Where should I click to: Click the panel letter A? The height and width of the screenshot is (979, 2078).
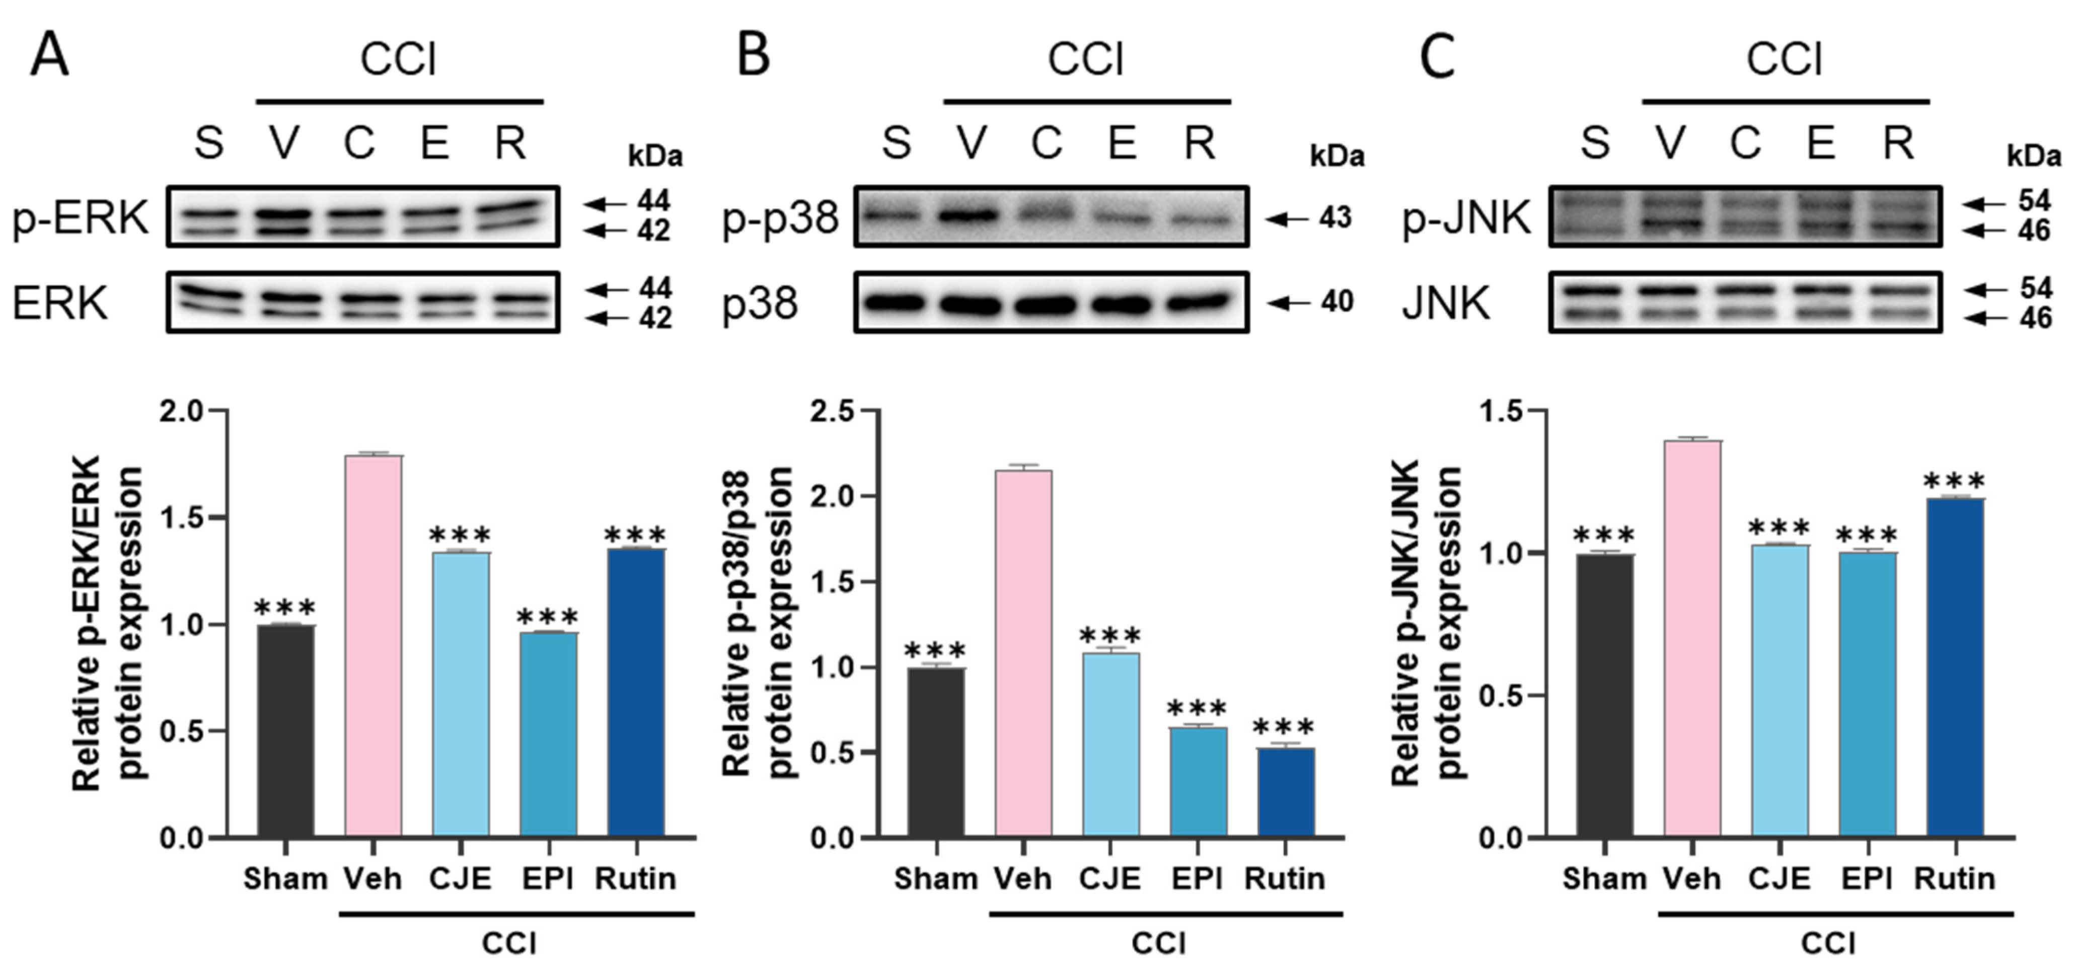(49, 56)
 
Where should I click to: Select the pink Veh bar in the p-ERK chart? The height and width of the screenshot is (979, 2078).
(374, 645)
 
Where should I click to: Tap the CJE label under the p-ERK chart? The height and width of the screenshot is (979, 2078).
(460, 878)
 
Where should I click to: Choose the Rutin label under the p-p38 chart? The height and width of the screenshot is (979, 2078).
(1284, 878)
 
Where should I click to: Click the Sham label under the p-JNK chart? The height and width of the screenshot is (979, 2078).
(1604, 878)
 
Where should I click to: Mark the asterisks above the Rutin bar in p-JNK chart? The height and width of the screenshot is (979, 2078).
(1955, 481)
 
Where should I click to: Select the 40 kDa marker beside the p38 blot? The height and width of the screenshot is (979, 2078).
(1336, 303)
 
